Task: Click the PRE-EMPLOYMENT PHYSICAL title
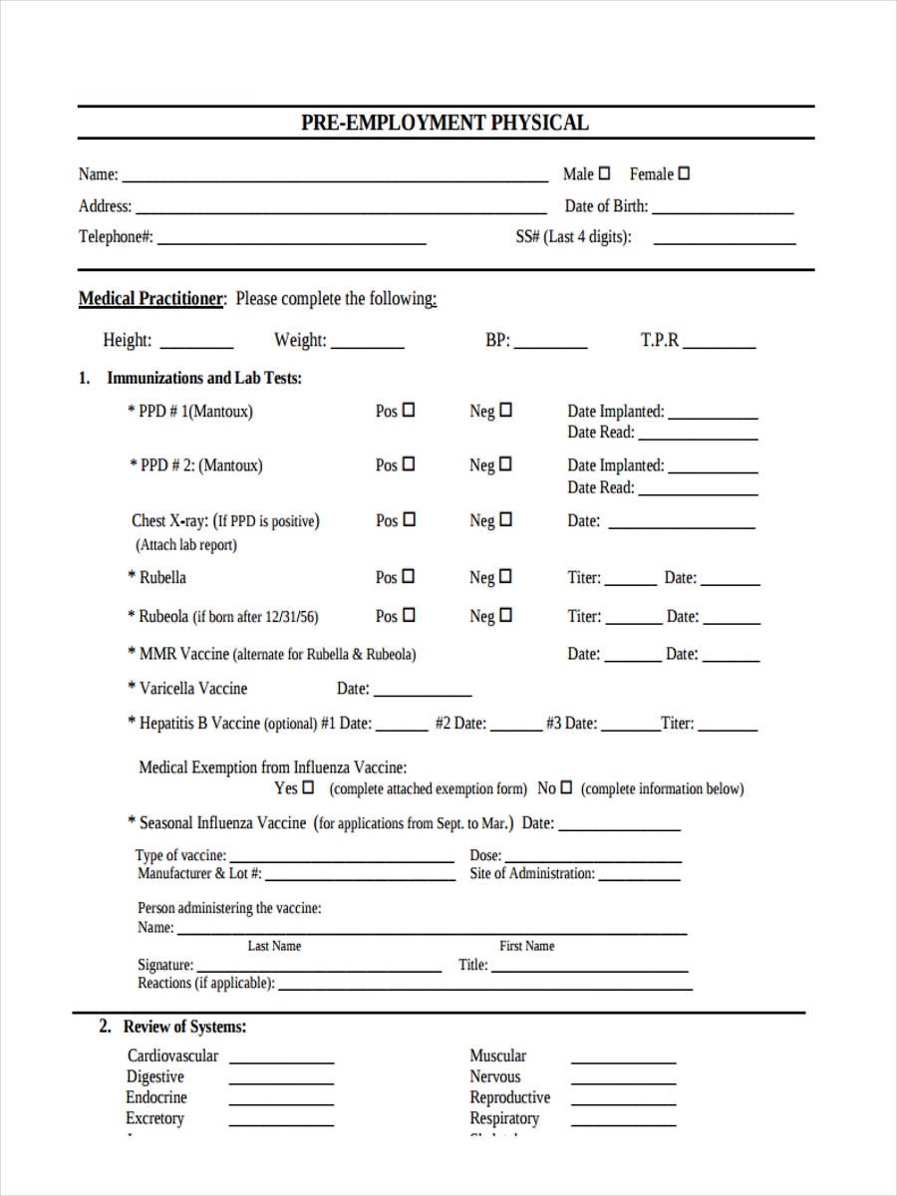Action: [445, 123]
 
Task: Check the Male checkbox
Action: [604, 173]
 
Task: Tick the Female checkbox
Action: [684, 173]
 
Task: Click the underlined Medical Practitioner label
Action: [151, 299]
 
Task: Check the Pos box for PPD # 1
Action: [408, 410]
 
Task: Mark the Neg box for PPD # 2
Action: [505, 463]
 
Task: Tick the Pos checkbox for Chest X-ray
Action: [408, 519]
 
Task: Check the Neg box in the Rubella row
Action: [505, 576]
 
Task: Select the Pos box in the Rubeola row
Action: [408, 615]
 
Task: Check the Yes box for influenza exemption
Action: [308, 787]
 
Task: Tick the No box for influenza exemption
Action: [566, 787]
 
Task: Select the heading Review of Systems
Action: [184, 1027]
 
